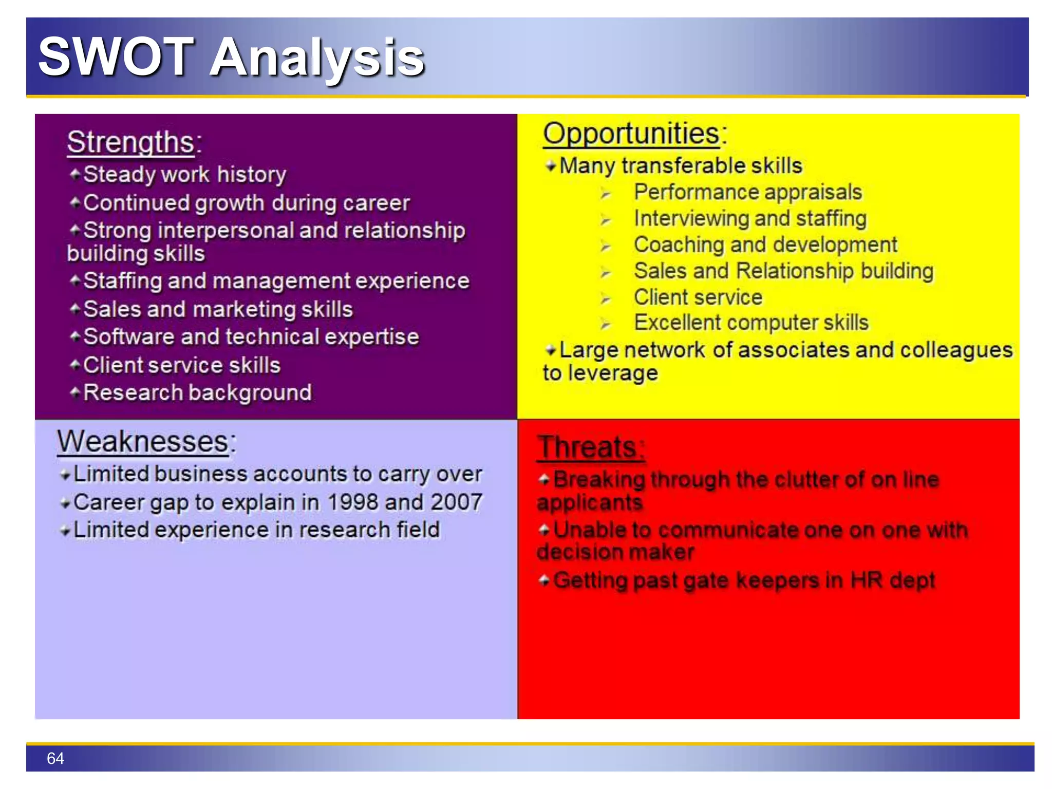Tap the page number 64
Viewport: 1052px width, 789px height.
[x=55, y=758]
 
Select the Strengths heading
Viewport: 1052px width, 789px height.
[x=131, y=142]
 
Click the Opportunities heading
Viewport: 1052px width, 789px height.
[x=632, y=134]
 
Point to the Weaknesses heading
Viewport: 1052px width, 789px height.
[x=143, y=442]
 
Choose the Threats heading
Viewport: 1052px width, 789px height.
[x=587, y=447]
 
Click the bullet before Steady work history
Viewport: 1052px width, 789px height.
[x=75, y=174]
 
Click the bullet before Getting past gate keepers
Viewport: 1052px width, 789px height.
[x=544, y=580]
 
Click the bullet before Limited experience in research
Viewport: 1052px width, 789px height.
[x=65, y=531]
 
